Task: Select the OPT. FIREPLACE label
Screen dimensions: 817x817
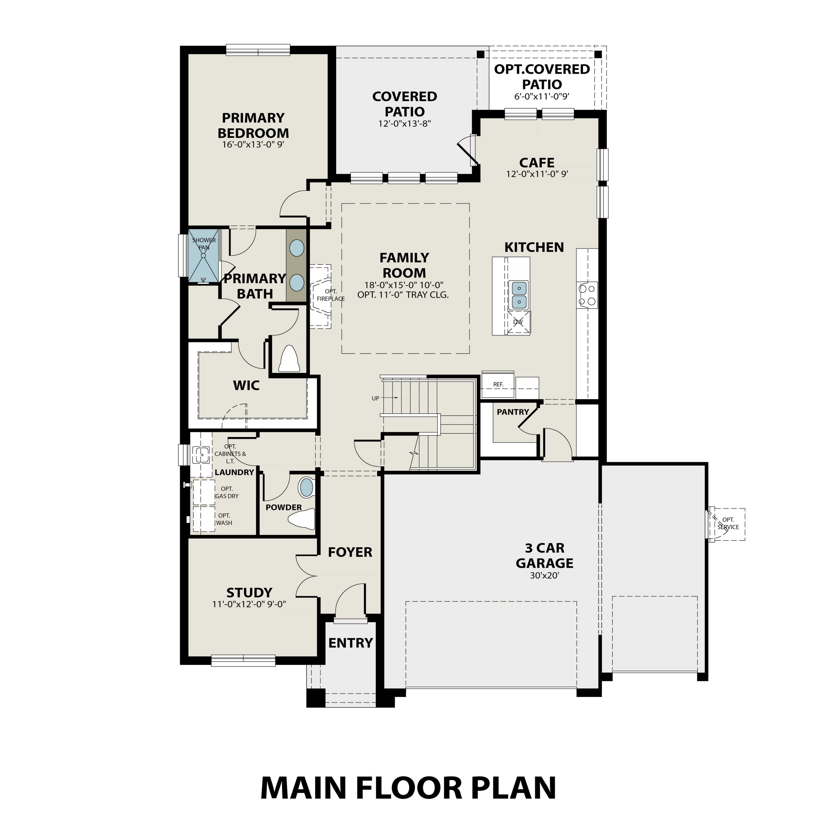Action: pyautogui.click(x=331, y=295)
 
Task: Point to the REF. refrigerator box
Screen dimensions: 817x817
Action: pyautogui.click(x=498, y=384)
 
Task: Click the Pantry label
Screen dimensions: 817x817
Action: pyautogui.click(x=513, y=412)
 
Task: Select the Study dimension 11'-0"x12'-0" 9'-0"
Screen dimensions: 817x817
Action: pyautogui.click(x=249, y=604)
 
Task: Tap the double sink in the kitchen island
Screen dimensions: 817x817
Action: pyautogui.click(x=519, y=295)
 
